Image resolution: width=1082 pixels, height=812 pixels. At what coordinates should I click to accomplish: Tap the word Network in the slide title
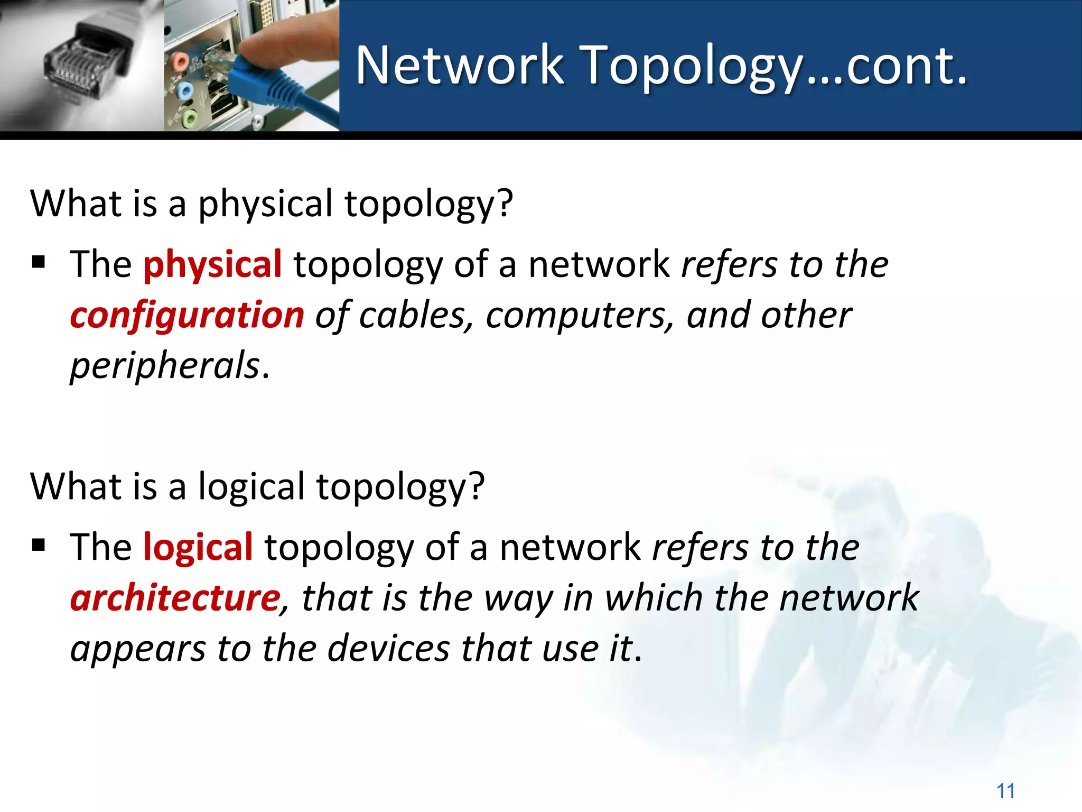coord(460,66)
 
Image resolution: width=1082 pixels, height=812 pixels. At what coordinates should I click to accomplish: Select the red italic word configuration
coord(187,316)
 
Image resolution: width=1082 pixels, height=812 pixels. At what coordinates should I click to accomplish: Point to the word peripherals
coord(165,366)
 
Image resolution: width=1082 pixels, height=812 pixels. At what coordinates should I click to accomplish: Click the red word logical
coord(198,547)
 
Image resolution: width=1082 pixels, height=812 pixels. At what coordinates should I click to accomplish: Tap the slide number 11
coord(1005,791)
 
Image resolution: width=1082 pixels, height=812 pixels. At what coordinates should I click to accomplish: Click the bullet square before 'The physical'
coord(39,262)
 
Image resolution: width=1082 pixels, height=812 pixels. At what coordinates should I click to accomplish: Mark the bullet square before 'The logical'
coord(39,545)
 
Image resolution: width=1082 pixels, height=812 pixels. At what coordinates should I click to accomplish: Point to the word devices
coord(388,649)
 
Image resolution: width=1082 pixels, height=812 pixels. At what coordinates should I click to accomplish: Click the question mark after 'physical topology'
coord(505,204)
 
